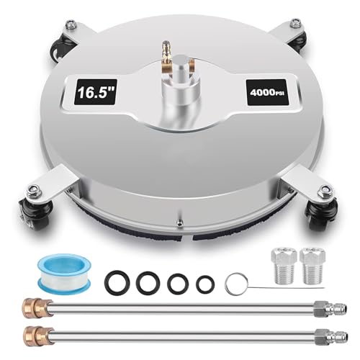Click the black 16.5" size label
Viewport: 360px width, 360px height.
click(96, 92)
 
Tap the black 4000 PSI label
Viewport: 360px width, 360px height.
click(267, 92)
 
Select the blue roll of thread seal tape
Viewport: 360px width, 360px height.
click(64, 274)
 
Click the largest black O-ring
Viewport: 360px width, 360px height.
click(117, 283)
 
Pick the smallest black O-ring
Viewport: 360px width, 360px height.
click(205, 284)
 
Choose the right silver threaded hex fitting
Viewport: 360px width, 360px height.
click(312, 266)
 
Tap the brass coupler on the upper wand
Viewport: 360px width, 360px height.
click(37, 307)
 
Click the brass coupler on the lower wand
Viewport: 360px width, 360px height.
click(38, 336)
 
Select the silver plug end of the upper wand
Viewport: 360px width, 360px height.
click(330, 308)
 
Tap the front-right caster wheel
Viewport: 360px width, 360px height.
click(320, 216)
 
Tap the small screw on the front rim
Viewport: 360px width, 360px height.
click(179, 222)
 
